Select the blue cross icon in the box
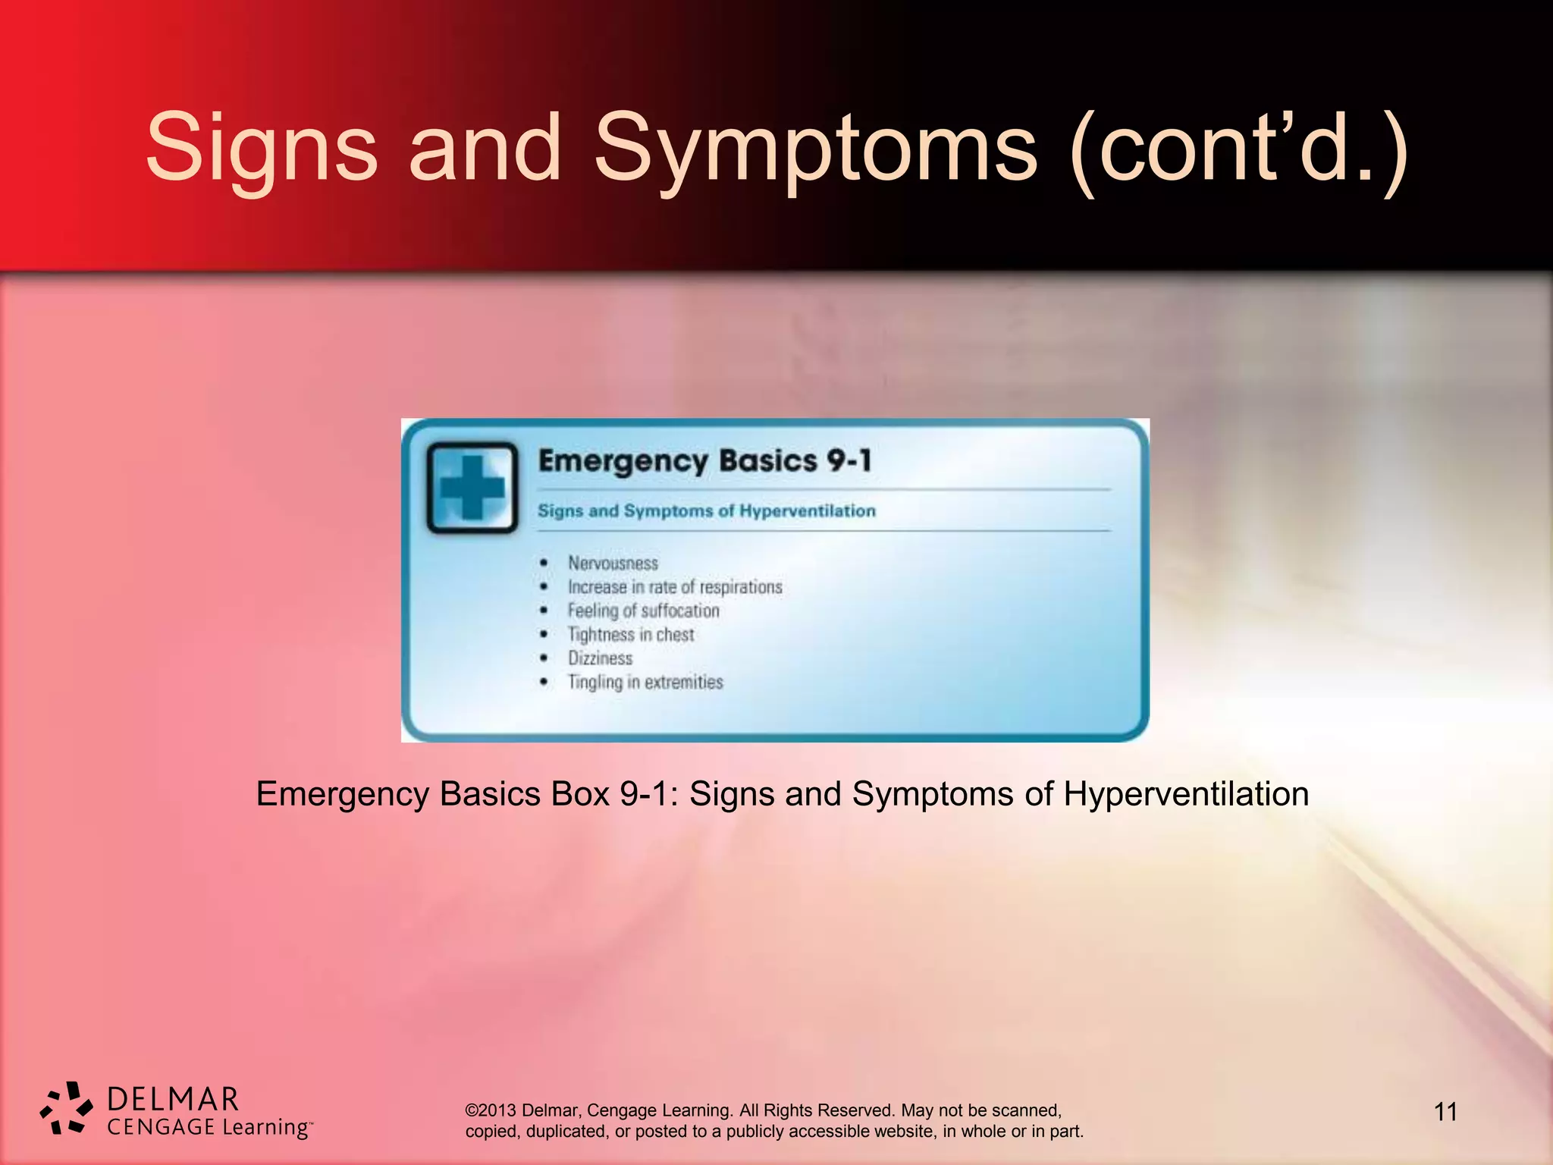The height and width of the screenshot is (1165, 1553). click(x=472, y=488)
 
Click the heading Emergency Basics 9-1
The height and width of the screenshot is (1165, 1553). click(x=705, y=461)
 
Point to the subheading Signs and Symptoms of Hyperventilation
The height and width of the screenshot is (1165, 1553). click(x=707, y=511)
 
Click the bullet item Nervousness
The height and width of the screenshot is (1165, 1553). click(x=613, y=564)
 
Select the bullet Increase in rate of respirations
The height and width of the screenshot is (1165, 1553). click(x=675, y=587)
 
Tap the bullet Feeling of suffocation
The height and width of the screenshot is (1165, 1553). click(x=643, y=611)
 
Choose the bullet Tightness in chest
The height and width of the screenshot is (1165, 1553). click(x=631, y=635)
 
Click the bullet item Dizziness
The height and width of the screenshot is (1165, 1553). click(x=600, y=658)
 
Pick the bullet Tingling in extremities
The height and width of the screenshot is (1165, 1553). click(x=645, y=682)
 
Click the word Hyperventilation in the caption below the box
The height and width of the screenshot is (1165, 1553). click(x=1186, y=794)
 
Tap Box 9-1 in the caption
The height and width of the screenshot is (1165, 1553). click(x=615, y=794)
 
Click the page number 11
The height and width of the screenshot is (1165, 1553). click(x=1445, y=1112)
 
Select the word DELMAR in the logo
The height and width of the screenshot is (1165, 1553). click(x=173, y=1100)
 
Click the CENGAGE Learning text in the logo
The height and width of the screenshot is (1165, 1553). click(x=209, y=1127)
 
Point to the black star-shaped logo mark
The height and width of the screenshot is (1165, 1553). click(x=67, y=1108)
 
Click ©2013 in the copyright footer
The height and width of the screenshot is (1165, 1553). click(x=491, y=1110)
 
